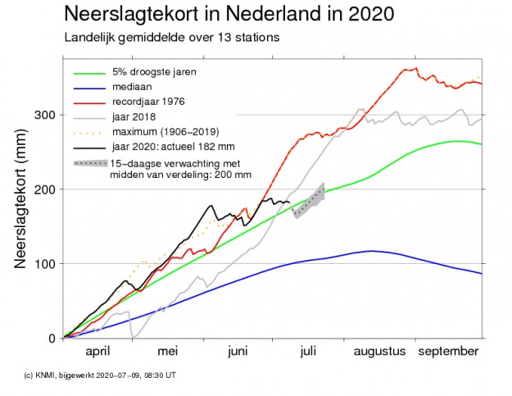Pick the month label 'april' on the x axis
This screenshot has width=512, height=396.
(97, 351)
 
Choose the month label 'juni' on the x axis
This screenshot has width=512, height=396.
(238, 351)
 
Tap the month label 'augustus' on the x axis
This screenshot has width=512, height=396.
(379, 351)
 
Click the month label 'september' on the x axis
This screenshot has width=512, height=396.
(449, 351)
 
